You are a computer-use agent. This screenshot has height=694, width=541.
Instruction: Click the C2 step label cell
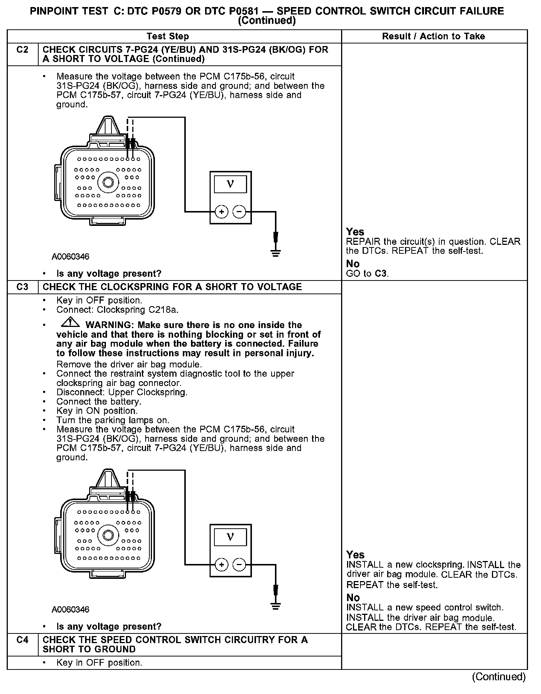(x=23, y=50)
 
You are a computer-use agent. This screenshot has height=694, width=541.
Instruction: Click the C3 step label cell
(x=23, y=287)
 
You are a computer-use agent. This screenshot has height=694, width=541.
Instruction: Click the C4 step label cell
(x=23, y=640)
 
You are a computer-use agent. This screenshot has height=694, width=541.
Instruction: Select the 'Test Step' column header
(x=168, y=36)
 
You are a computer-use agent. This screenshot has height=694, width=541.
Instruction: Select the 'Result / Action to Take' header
(x=434, y=36)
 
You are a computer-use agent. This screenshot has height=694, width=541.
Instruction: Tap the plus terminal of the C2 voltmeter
(x=221, y=212)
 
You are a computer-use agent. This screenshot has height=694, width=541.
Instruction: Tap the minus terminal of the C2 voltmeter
(x=239, y=212)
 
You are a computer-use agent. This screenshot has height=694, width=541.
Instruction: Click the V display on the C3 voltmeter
(x=230, y=537)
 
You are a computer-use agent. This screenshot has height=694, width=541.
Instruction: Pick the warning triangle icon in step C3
(x=70, y=323)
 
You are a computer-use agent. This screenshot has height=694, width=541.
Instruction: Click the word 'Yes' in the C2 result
(x=355, y=232)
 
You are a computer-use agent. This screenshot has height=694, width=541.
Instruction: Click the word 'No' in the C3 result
(x=353, y=597)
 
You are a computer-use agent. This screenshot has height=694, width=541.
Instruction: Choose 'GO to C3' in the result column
(x=367, y=274)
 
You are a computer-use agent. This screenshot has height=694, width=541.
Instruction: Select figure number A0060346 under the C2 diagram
(x=70, y=257)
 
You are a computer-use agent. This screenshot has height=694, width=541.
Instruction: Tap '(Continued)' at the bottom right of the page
(x=499, y=677)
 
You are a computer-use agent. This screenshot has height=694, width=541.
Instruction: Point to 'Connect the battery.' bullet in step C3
(x=99, y=402)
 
